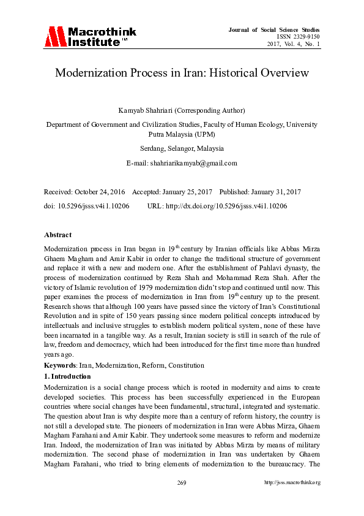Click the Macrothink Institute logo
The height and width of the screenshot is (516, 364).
click(x=90, y=37)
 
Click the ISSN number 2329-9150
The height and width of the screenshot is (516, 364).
click(x=300, y=37)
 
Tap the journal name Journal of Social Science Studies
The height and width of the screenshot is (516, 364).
click(x=274, y=29)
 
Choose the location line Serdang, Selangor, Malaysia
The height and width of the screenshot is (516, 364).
click(x=182, y=148)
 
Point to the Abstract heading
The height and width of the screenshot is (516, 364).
click(x=58, y=235)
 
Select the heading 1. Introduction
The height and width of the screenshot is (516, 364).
click(x=67, y=376)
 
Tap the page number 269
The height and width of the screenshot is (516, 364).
click(x=182, y=482)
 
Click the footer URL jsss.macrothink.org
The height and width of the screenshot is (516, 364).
click(x=292, y=482)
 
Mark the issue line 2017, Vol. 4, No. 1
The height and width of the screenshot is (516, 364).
click(x=294, y=44)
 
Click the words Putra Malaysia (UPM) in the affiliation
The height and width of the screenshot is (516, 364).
click(x=182, y=134)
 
